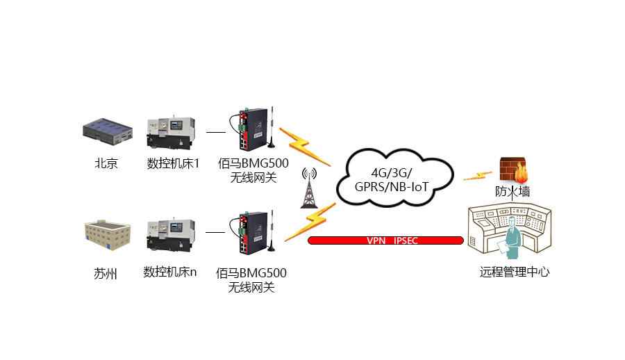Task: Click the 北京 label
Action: click(x=106, y=164)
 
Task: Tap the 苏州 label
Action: click(x=106, y=273)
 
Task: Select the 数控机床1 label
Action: click(x=173, y=164)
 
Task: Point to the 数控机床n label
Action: click(x=170, y=272)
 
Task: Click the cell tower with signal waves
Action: click(x=308, y=188)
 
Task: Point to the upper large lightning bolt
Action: click(x=298, y=144)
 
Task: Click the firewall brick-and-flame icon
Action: click(x=514, y=170)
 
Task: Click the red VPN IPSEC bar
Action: click(x=385, y=240)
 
